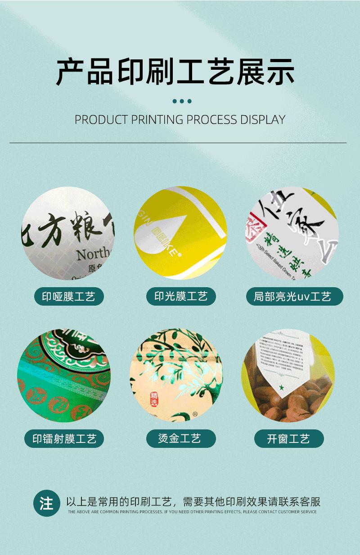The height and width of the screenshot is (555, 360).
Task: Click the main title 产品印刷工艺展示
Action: (x=175, y=72)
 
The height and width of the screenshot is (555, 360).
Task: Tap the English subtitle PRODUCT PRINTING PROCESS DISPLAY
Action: (x=180, y=120)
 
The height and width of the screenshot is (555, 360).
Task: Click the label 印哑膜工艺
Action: (x=69, y=297)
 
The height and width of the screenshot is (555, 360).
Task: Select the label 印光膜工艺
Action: (x=181, y=296)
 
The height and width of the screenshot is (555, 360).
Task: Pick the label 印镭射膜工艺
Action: (x=64, y=439)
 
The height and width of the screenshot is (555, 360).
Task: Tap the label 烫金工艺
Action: (x=180, y=438)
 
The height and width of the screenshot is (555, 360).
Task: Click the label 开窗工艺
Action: (x=288, y=439)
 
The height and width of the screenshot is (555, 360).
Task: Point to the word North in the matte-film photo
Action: (x=93, y=255)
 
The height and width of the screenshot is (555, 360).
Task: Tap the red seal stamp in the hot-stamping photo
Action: (x=154, y=398)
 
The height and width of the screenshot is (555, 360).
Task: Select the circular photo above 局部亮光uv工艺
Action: (x=292, y=233)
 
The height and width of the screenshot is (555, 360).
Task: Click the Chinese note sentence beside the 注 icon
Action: (x=193, y=502)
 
